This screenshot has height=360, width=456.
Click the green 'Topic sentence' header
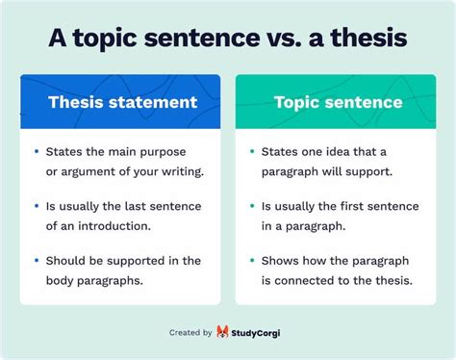[x=337, y=101]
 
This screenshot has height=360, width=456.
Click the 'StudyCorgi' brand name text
[x=266, y=332]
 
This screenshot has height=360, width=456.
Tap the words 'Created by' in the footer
[x=190, y=332]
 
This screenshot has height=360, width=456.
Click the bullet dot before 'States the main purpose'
[x=36, y=151]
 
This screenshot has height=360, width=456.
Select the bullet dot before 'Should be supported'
[x=36, y=261]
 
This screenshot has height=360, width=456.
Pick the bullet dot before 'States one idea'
[x=252, y=151]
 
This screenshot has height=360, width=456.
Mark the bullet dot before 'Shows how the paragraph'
[x=252, y=261]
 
